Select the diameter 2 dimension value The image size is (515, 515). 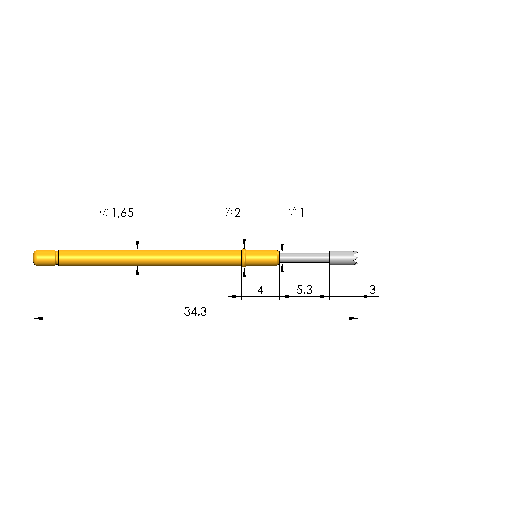[238, 213]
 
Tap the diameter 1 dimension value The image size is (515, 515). [302, 213]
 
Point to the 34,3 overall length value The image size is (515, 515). [195, 312]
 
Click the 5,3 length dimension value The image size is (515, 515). [304, 290]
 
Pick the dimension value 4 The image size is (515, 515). [260, 290]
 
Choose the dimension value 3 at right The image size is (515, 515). [372, 290]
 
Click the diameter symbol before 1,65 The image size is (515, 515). [104, 212]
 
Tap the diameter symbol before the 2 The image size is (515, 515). [228, 212]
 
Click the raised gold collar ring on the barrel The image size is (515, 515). [244, 258]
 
